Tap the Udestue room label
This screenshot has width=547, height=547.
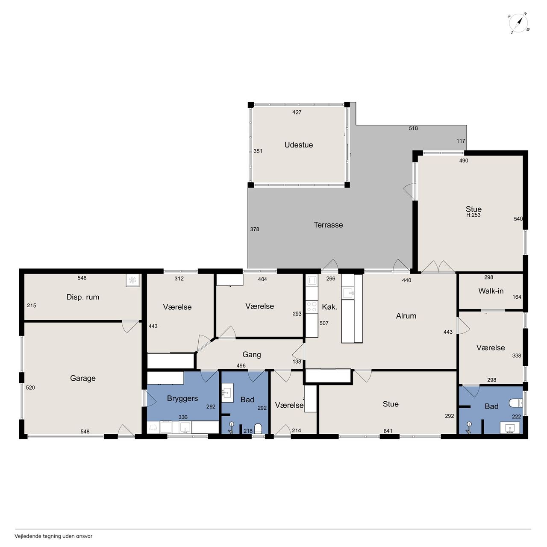(298, 145)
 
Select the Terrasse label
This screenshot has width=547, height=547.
(328, 225)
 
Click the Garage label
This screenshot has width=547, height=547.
(82, 378)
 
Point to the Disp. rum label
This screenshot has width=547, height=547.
(82, 297)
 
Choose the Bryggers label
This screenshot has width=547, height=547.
(182, 399)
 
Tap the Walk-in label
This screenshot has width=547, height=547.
(491, 291)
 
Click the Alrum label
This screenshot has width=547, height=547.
(406, 316)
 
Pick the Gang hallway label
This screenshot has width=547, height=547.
(252, 355)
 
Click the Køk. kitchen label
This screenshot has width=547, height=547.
(329, 307)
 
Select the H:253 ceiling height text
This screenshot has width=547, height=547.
(473, 215)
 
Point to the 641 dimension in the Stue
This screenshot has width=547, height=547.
(388, 431)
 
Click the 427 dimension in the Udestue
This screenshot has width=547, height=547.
(297, 112)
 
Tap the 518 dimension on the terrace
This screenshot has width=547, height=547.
(413, 128)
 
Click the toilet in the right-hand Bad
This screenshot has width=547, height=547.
(515, 403)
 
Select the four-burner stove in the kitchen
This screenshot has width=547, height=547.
(312, 306)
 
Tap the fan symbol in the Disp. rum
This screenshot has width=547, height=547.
(132, 280)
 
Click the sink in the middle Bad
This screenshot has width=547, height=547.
(227, 393)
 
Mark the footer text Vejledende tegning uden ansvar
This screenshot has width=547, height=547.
(53, 536)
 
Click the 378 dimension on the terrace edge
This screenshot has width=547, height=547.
(254, 229)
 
